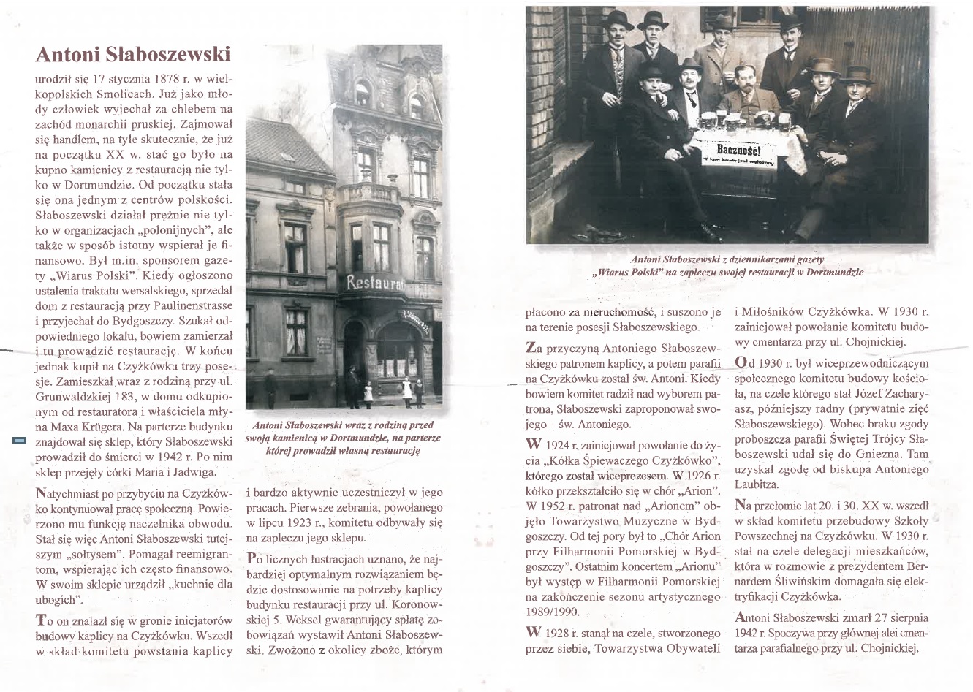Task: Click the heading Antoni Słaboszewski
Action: [x=132, y=54]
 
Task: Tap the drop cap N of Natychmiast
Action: [x=41, y=493]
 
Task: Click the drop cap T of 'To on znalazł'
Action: [x=41, y=620]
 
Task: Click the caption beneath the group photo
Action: [x=727, y=265]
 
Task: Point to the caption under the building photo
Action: [x=343, y=438]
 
